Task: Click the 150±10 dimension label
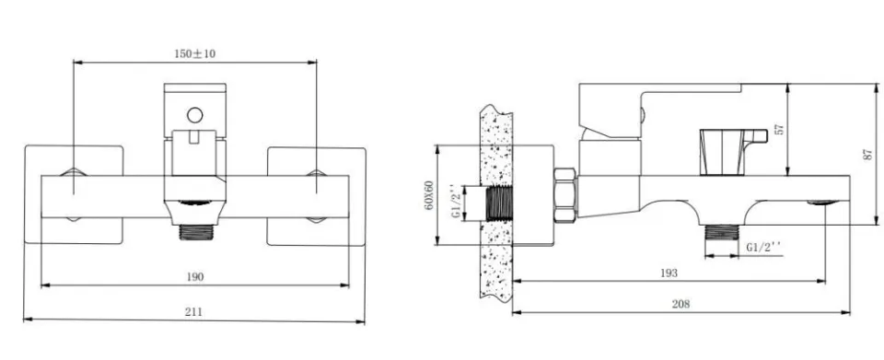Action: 194,53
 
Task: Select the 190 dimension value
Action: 195,276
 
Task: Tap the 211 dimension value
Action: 193,311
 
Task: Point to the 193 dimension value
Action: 669,273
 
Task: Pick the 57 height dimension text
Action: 780,130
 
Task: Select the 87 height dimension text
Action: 867,155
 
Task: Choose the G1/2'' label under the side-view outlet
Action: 764,247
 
